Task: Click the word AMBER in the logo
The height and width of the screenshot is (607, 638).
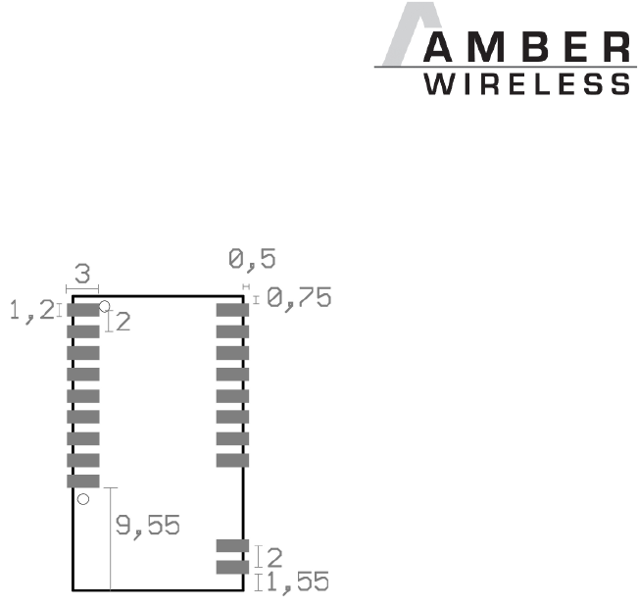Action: pos(527,46)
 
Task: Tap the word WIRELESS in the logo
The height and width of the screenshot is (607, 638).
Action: pos(527,85)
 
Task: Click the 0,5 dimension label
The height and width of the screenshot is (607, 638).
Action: pos(252,260)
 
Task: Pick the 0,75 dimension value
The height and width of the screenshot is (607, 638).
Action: pos(299,298)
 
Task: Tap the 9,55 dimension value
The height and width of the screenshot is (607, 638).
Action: pos(148,526)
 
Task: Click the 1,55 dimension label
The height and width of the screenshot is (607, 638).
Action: pos(298,582)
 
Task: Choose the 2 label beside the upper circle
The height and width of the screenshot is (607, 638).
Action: pos(123,322)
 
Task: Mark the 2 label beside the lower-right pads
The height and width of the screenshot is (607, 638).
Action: pos(274,557)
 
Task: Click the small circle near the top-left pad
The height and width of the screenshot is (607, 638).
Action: pos(105,306)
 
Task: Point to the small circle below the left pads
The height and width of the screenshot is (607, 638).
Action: pos(83,499)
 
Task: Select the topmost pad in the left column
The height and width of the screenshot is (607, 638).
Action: pos(83,310)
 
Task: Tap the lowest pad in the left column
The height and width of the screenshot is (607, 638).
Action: pos(83,481)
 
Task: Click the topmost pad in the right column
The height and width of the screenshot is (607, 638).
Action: pos(232,310)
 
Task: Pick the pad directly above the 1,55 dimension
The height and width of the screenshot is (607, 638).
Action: pos(232,566)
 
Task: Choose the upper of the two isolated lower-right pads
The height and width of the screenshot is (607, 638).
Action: pos(232,545)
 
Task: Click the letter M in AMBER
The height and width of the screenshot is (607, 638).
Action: pos(488,46)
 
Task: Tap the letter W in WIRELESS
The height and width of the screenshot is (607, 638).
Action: pos(436,85)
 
